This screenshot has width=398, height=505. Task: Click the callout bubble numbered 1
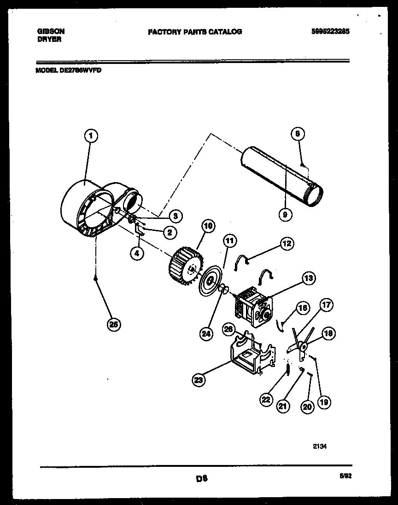91,136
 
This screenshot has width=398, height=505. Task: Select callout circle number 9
285,213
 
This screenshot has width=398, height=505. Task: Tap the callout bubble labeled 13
308,277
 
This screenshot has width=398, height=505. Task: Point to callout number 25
112,324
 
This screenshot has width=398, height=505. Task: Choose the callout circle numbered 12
287,244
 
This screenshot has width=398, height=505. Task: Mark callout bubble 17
326,305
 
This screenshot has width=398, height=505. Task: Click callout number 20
308,406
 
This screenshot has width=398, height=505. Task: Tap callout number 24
206,334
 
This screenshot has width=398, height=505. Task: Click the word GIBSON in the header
50,31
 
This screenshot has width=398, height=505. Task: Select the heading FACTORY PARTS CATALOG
194,32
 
